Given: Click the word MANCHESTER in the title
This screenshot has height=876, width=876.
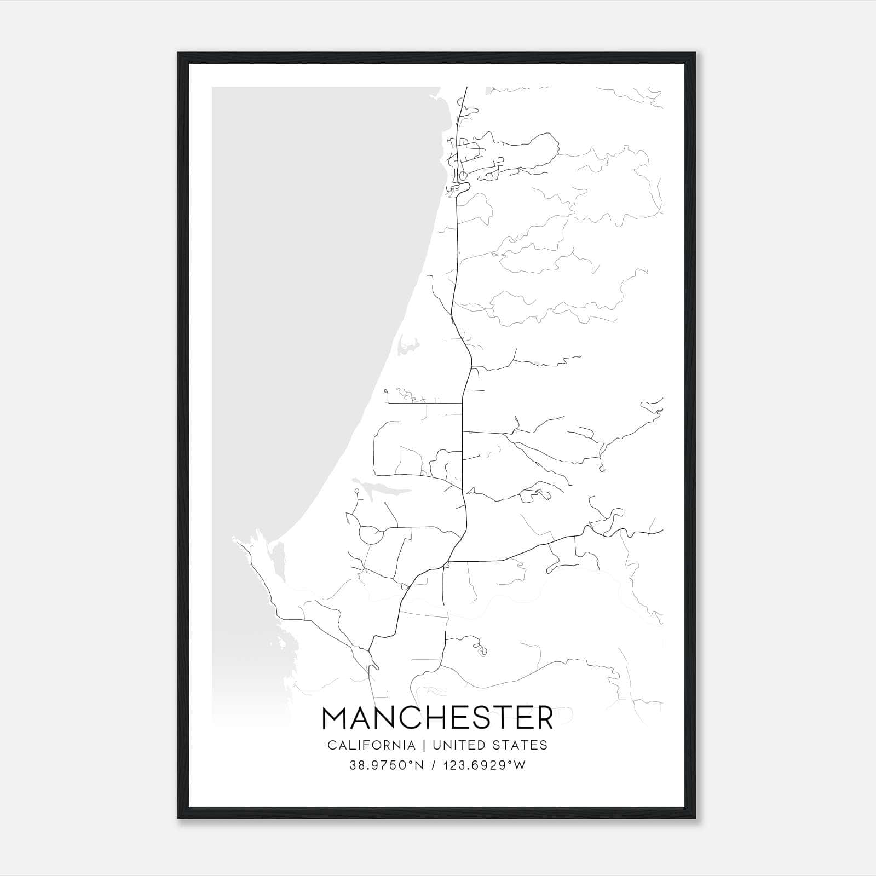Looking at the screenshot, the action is click(437, 718).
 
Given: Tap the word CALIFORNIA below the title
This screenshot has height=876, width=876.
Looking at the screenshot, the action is click(371, 745).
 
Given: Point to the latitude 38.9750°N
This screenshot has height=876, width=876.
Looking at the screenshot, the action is click(387, 765).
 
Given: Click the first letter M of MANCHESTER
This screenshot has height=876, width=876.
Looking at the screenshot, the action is click(336, 718).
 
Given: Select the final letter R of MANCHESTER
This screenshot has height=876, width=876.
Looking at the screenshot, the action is click(543, 718).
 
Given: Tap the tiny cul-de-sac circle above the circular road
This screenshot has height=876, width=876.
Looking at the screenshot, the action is click(356, 492).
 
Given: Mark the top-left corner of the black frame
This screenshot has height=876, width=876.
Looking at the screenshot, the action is click(178, 53).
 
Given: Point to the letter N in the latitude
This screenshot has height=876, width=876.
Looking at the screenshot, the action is click(419, 765).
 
